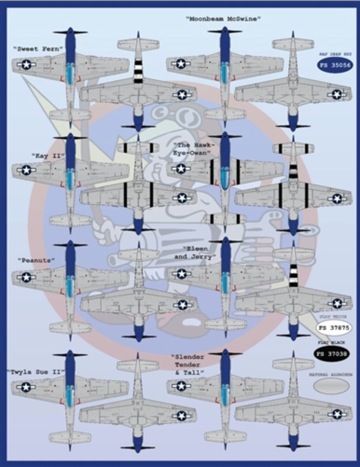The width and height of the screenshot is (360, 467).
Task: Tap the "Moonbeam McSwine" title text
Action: click(223, 19)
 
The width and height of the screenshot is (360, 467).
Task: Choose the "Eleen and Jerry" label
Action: click(194, 253)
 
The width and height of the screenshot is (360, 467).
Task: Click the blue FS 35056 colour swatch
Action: click(335, 65)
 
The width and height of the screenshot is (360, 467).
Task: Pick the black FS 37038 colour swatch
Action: click(332, 354)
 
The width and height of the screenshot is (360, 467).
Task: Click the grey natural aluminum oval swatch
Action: click(332, 385)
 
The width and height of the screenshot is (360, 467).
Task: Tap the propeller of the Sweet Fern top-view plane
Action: click(70, 32)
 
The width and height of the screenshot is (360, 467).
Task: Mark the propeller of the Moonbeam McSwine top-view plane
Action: click(225, 31)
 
